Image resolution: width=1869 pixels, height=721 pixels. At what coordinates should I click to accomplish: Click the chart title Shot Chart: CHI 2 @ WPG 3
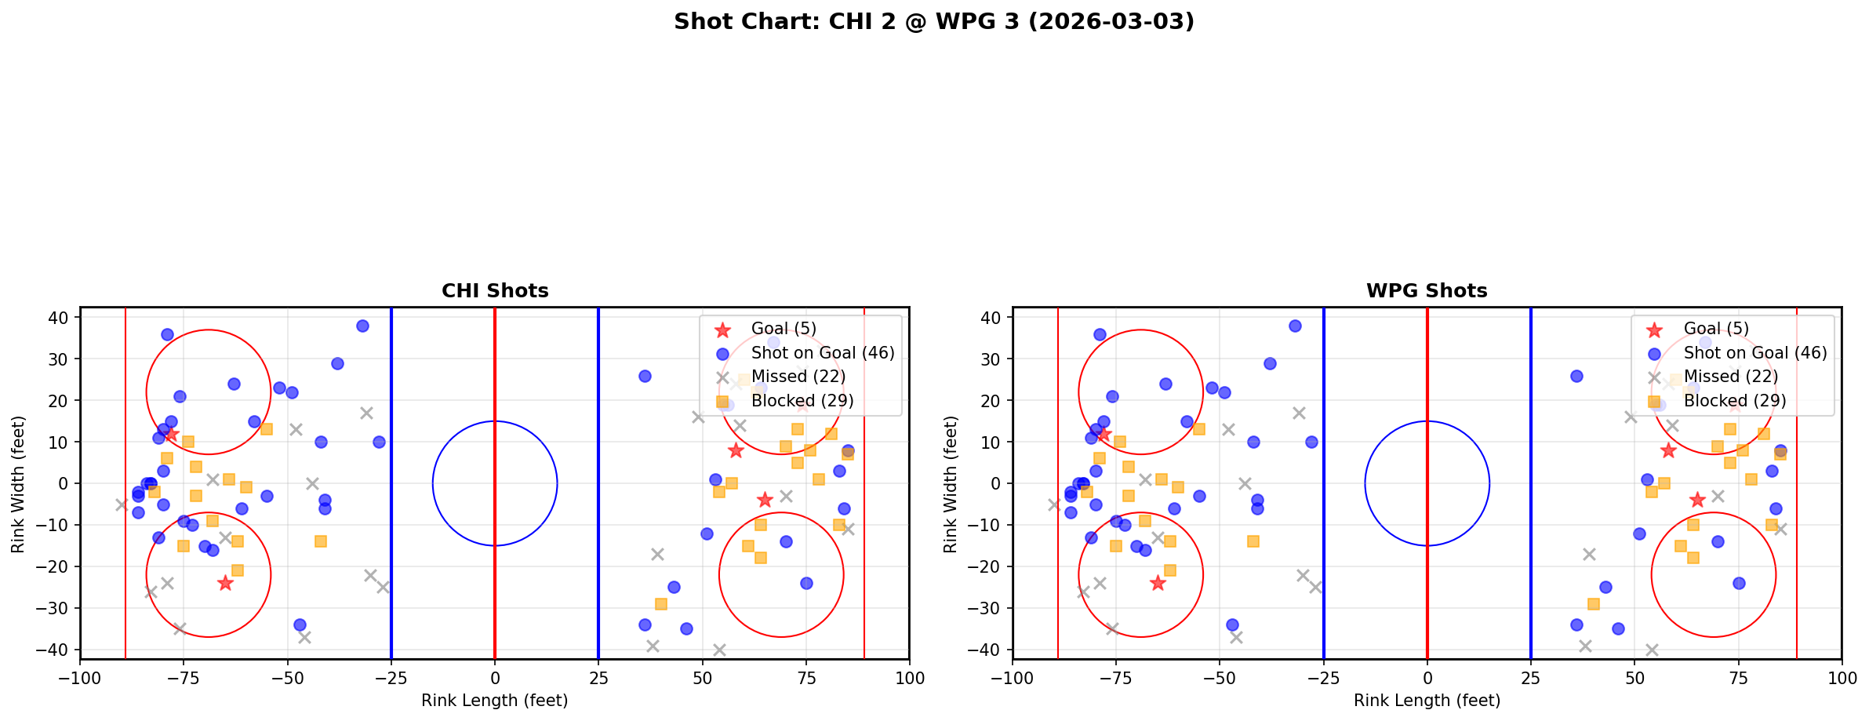933,21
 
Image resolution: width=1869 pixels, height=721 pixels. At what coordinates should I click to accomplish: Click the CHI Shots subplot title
495,291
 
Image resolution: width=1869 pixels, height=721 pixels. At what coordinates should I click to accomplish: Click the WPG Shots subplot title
1427,291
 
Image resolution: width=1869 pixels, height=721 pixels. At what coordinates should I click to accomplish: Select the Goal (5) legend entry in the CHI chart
784,329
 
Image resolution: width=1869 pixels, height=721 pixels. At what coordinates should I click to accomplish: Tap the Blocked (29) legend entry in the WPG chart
1735,401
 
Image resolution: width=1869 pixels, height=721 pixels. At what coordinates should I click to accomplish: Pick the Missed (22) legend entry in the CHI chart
798,377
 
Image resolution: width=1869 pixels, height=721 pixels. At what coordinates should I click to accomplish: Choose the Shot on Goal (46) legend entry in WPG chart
1755,353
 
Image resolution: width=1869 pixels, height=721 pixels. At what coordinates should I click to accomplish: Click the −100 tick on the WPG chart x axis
1013,678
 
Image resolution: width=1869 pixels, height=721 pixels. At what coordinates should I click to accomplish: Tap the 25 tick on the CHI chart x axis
598,678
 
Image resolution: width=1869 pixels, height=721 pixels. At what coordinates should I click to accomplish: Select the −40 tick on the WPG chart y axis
990,650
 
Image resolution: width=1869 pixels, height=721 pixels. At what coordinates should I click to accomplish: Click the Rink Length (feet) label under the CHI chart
495,701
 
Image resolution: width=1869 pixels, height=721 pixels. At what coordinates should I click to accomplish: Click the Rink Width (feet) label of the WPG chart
951,483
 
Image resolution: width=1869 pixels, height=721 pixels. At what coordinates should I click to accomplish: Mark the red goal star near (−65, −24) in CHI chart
225,583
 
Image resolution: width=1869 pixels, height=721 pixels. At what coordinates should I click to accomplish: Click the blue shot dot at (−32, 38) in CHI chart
362,326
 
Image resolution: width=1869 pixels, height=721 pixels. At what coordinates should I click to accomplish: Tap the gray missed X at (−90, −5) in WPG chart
1054,504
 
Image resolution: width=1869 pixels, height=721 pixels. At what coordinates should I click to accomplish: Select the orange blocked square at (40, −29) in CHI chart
661,604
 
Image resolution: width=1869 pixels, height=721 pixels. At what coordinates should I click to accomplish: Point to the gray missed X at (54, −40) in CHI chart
719,650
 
